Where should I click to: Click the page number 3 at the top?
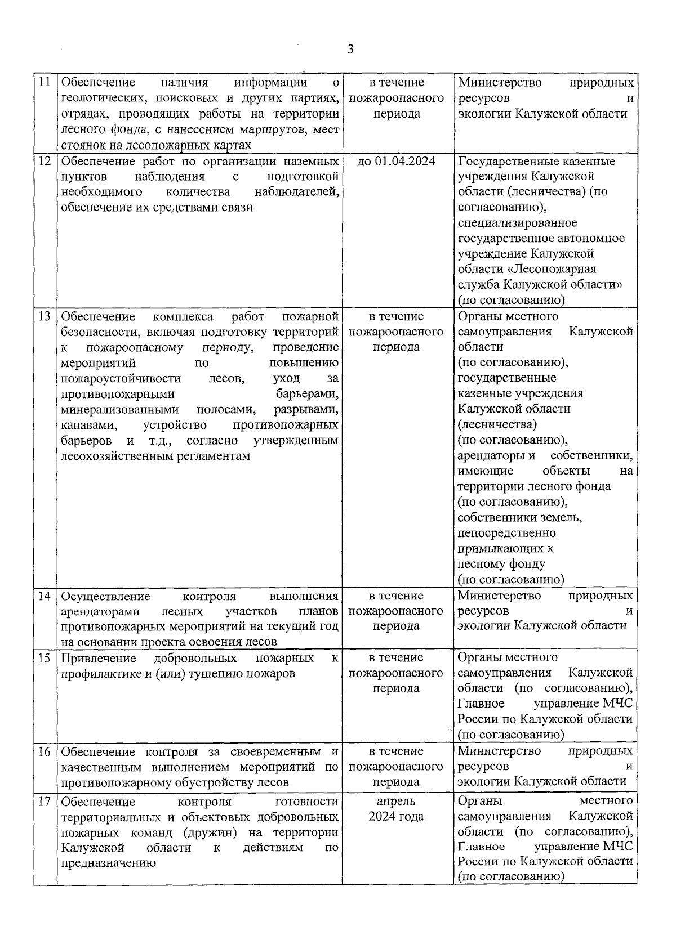(350, 50)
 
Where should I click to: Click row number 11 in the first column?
(45, 83)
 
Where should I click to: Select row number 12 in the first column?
(45, 162)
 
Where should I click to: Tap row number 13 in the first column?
(45, 316)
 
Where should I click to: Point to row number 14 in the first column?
(45, 596)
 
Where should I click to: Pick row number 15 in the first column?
(45, 658)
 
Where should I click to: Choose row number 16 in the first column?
(45, 752)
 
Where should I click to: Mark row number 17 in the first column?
(45, 802)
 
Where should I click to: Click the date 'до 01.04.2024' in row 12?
(397, 162)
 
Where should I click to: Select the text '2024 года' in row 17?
(397, 817)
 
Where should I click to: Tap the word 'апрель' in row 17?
(397, 802)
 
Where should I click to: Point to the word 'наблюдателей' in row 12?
(297, 192)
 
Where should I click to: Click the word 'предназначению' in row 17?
(108, 863)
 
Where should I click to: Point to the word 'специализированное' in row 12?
(517, 223)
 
